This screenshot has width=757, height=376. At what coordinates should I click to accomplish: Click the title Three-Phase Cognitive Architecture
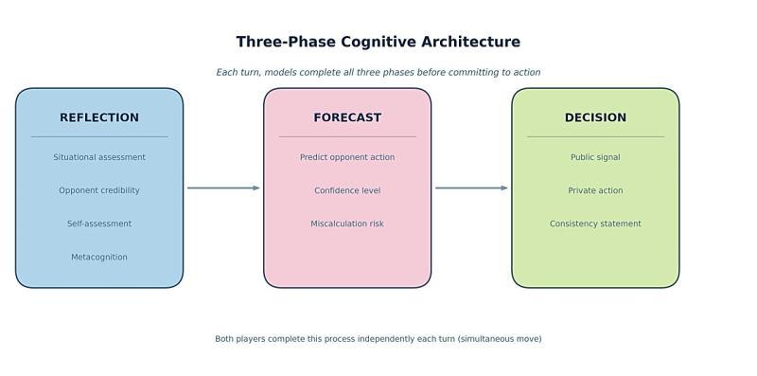coord(378,42)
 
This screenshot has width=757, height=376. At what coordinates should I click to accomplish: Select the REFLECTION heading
coord(99,117)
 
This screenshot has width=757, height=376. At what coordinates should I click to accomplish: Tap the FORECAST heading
coord(347,117)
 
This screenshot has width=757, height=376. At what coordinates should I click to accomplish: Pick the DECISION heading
coord(595,117)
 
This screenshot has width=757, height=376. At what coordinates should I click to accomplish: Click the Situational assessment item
coord(99,157)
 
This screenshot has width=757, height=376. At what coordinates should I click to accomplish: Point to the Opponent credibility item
coord(99,190)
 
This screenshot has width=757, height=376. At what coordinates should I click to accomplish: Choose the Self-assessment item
coord(99,224)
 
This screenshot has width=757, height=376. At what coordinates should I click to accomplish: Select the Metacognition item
coord(99,257)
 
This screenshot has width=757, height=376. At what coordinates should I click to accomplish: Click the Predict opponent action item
coord(347,157)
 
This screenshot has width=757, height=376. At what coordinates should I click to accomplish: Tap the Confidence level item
coord(347,190)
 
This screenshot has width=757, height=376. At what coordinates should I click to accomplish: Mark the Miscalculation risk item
coord(347,224)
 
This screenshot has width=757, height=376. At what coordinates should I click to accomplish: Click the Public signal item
coord(595,157)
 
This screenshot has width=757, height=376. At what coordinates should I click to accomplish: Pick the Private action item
coord(595,190)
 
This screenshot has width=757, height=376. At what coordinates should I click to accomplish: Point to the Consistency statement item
coord(595,224)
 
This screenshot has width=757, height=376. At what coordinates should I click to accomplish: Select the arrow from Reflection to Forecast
coord(223,188)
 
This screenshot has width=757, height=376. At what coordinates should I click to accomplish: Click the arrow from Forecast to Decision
coord(471,188)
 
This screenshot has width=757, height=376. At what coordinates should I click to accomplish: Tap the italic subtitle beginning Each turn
coord(378,72)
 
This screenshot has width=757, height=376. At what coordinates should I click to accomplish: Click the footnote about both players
coord(378,338)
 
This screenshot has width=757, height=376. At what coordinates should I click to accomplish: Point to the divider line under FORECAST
coord(347,136)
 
